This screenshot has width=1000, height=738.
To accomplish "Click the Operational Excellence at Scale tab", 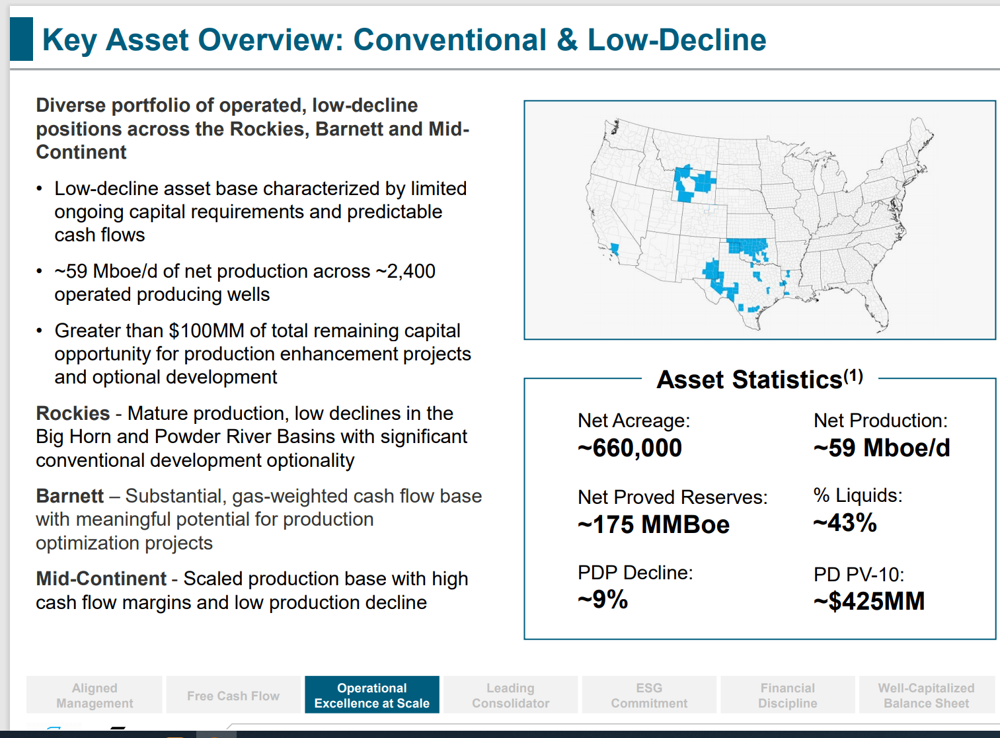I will click(x=371, y=695).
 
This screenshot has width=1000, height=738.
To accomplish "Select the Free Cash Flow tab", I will click(x=233, y=695).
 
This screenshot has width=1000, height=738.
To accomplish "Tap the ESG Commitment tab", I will click(x=648, y=695).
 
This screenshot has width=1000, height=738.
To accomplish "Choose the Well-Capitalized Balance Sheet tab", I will click(x=926, y=695).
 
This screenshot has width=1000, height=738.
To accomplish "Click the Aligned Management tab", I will click(x=95, y=695).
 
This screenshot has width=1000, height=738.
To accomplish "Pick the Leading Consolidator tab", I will click(x=510, y=695).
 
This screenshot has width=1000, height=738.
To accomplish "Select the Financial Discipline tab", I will click(x=787, y=695).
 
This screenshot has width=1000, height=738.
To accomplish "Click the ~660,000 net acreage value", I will click(x=630, y=448).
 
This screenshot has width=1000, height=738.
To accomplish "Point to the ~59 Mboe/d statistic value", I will click(x=882, y=448).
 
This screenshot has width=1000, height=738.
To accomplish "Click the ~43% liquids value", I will click(x=845, y=523).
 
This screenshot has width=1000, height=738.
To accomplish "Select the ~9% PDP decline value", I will click(x=603, y=600).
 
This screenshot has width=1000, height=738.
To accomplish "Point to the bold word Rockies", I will click(x=73, y=413).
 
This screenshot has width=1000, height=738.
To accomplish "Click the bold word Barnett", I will click(x=69, y=496).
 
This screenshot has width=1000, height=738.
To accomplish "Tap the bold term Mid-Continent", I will click(x=101, y=579).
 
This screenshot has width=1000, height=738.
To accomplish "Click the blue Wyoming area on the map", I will click(x=692, y=183).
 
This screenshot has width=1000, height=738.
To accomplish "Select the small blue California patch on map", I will click(x=615, y=249).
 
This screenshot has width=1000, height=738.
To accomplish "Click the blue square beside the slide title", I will click(x=22, y=39).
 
